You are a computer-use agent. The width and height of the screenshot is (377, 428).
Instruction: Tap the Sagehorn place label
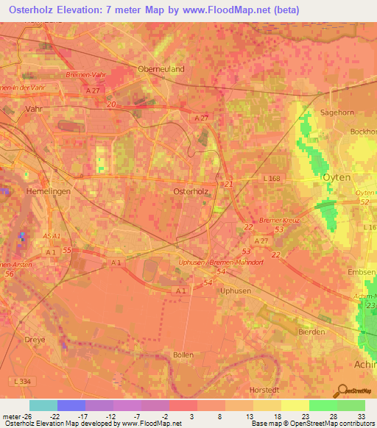click(337, 113)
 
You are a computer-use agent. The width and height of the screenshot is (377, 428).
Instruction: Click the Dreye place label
click(35, 340)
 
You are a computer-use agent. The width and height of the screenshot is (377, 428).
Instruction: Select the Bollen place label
click(183, 354)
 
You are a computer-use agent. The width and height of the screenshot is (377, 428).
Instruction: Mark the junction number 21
click(228, 184)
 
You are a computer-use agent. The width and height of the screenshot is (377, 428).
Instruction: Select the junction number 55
click(68, 251)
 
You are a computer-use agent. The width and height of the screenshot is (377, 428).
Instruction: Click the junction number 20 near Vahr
click(111, 105)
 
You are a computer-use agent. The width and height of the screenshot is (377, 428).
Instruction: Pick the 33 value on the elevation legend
click(362, 418)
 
